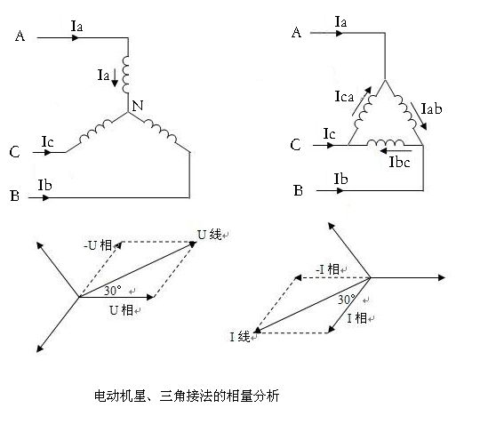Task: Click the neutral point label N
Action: pos(138,106)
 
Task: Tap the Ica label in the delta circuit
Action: pos(344,97)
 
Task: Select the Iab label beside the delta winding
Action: pos(432,108)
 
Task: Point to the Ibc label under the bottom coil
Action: pos(399,162)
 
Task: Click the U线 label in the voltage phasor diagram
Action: pos(210,235)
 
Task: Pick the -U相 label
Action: pos(98,245)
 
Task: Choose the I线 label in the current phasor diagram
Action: pos(240,337)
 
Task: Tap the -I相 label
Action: pos(327,269)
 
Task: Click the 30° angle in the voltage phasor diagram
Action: pos(113,290)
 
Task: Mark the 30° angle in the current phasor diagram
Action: pos(347,299)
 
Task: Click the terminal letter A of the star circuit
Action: pos(20,36)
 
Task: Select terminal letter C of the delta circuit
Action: pos(295,145)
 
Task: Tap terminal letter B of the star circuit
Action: pos(15,196)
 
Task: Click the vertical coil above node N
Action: pos(125,75)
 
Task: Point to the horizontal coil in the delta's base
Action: pos(386,142)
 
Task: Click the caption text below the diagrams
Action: pos(187,396)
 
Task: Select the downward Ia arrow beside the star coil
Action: pos(115,77)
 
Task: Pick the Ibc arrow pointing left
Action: pos(396,151)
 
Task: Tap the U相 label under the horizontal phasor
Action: pos(121,310)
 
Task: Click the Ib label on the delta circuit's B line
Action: pos(340,179)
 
